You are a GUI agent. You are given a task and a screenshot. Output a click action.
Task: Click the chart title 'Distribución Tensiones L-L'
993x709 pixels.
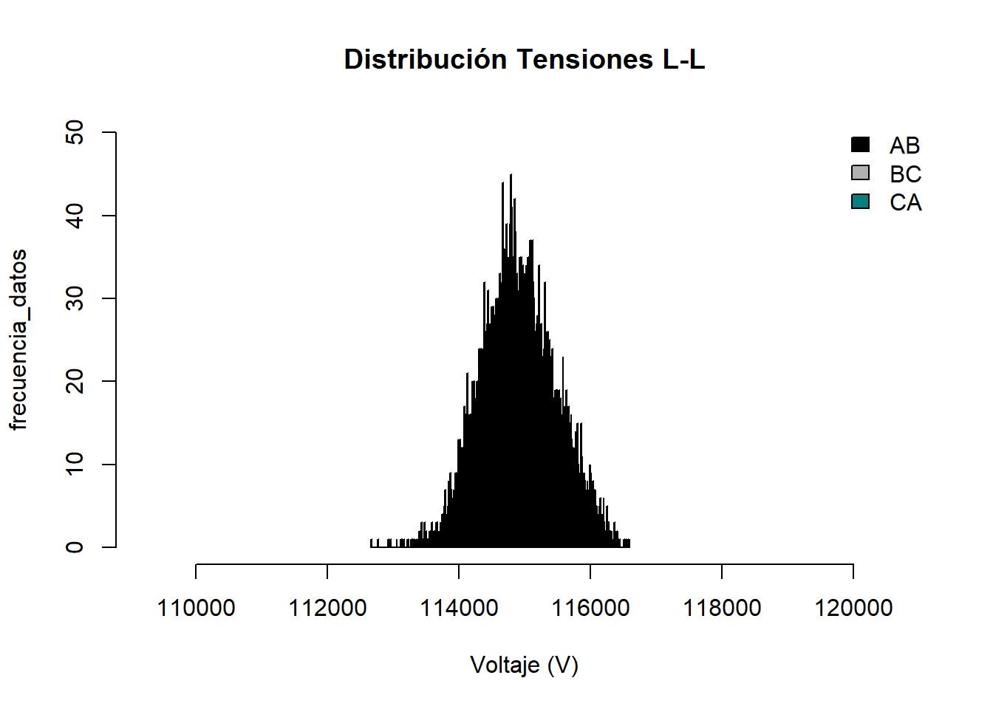click(x=525, y=60)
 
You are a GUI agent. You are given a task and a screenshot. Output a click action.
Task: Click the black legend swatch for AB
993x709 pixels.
click(x=860, y=145)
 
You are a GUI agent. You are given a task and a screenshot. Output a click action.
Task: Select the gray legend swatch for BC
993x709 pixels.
click(x=860, y=173)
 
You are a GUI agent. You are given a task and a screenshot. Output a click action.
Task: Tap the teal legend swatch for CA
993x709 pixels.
click(x=860, y=202)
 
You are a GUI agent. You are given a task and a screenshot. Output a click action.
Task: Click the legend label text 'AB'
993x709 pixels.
click(x=904, y=145)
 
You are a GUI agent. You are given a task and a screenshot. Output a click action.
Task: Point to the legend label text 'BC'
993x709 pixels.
click(x=905, y=174)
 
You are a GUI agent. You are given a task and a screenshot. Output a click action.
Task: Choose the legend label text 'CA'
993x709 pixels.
click(x=905, y=202)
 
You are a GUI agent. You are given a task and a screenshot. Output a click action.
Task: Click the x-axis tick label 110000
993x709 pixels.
click(x=196, y=608)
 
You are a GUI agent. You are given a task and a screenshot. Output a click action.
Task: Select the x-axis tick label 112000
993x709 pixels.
click(x=327, y=608)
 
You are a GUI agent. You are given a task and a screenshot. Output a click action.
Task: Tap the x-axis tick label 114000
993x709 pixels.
click(x=459, y=608)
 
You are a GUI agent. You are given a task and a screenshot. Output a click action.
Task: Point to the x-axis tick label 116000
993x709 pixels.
click(x=590, y=608)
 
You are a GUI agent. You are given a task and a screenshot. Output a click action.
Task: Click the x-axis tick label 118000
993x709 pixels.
click(x=722, y=608)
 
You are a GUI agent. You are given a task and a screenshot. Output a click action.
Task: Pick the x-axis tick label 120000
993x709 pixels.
click(x=853, y=608)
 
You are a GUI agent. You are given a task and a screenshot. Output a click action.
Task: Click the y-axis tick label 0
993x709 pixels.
click(x=75, y=547)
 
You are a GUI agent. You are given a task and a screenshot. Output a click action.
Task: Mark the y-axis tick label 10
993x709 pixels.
click(x=75, y=464)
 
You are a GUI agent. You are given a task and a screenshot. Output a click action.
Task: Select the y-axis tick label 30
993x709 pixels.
click(x=75, y=298)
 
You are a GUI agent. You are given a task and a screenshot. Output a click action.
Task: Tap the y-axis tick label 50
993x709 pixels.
click(x=75, y=133)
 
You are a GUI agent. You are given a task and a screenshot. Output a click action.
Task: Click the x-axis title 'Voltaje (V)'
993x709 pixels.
click(x=525, y=665)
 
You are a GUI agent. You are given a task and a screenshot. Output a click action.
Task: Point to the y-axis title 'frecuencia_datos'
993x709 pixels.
click(x=18, y=340)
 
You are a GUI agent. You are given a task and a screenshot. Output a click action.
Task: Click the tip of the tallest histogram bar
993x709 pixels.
click(x=511, y=175)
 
